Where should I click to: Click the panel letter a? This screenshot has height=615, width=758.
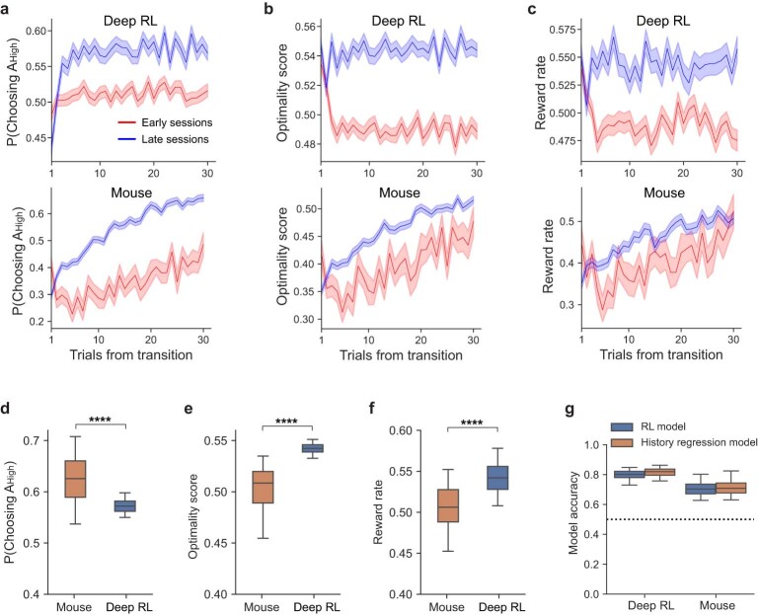tap(9, 9)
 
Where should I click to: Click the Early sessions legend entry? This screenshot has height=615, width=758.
tap(175, 123)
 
